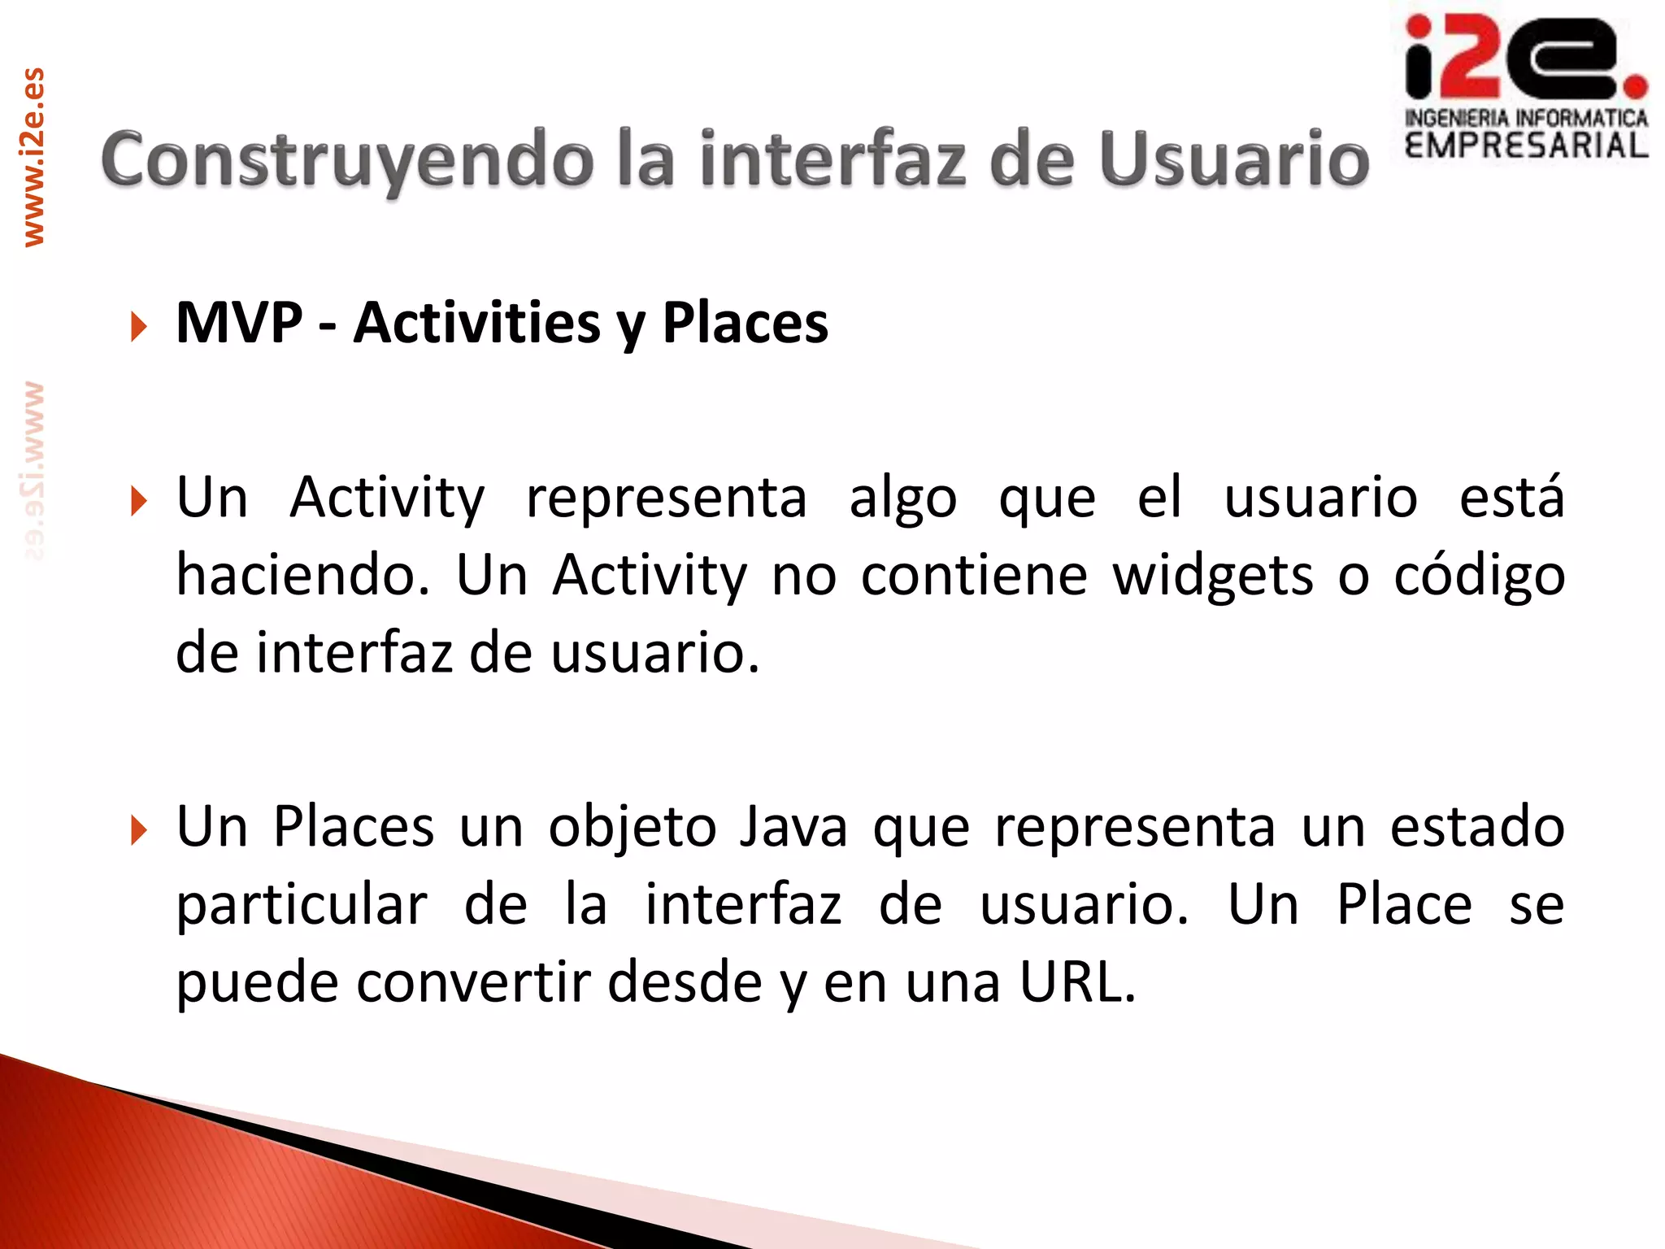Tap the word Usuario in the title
(1234, 160)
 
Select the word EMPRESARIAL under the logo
(1526, 146)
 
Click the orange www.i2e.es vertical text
(33, 157)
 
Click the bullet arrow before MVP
(139, 327)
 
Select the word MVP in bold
(239, 324)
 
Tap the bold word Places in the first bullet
(745, 324)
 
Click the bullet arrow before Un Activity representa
(139, 501)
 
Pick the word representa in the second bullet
(666, 498)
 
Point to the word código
(1479, 576)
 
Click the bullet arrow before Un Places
(139, 830)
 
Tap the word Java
(793, 827)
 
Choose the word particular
(302, 905)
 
